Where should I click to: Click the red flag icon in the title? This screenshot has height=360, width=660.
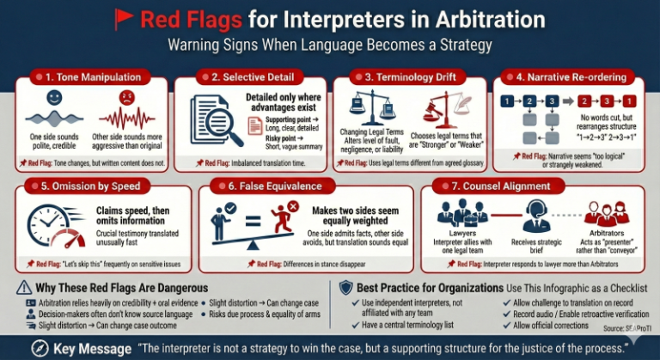coord(125,17)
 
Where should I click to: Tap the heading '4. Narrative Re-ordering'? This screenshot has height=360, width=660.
coord(577,77)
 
